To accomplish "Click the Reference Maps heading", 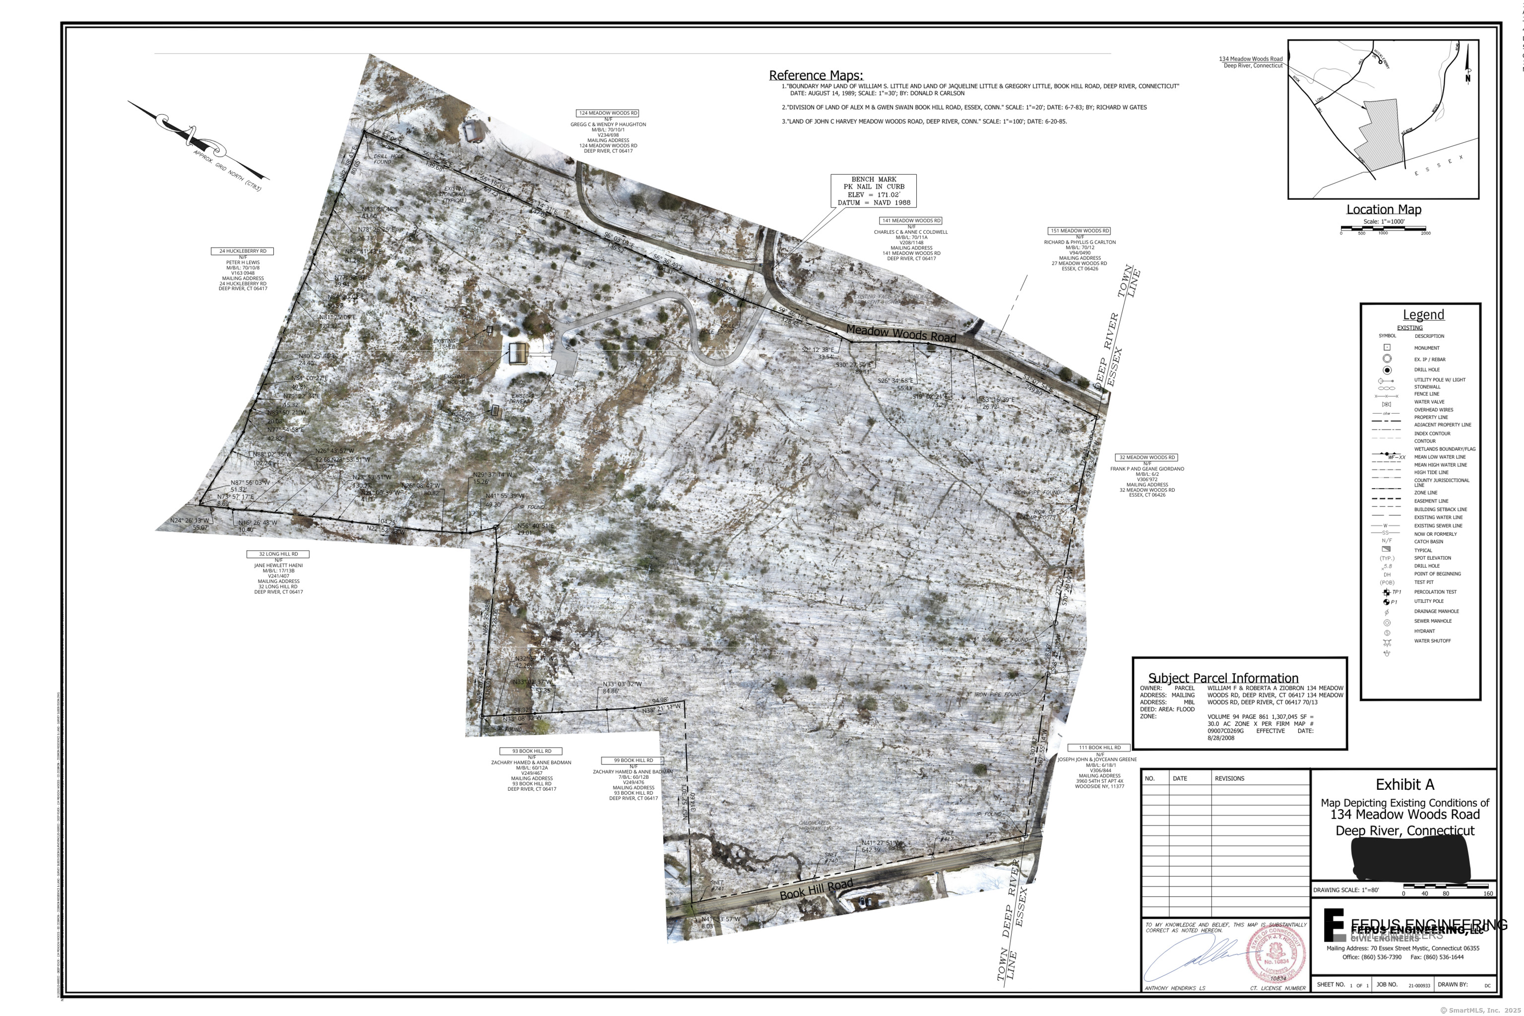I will [x=815, y=75].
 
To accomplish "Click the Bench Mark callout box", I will [x=874, y=190].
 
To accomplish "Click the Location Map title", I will [x=1384, y=209].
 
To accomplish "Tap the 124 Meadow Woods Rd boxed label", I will [x=608, y=113].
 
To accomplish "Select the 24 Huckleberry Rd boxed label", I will [x=242, y=251].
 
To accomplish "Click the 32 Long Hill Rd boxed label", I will [x=278, y=554].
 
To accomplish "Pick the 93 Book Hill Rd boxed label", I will [x=531, y=751].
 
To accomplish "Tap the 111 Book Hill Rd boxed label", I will [x=1099, y=747].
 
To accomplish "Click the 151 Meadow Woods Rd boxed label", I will [x=1079, y=231].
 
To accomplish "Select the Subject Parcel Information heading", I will [x=1223, y=678].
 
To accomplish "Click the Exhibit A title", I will [x=1404, y=785].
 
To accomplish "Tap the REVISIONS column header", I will [x=1229, y=778].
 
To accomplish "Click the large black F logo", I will [x=1333, y=925].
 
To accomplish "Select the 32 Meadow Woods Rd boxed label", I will [x=1147, y=457].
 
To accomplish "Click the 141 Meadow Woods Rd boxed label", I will [x=911, y=220].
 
